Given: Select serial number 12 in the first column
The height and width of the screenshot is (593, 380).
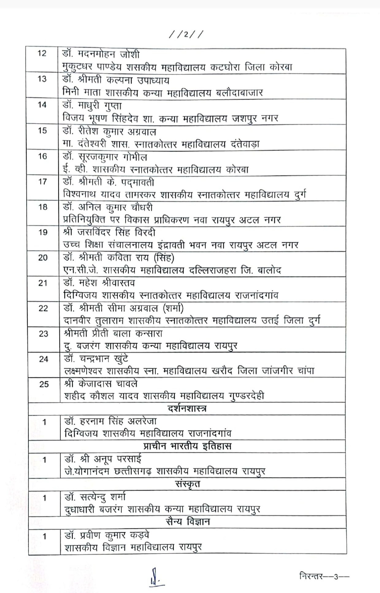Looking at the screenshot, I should point(42,54).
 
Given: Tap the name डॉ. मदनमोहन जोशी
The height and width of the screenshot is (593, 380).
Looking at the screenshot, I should point(101,55).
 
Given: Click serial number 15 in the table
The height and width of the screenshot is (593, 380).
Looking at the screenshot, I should point(42,131).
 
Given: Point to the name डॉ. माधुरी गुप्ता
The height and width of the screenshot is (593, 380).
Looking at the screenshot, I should point(92,106).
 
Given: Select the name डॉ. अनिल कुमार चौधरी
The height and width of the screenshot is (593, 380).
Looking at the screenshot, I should point(108,208).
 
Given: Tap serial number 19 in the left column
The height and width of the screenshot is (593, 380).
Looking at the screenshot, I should point(43,232).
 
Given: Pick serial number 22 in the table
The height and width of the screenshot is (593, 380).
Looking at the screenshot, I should point(43,308).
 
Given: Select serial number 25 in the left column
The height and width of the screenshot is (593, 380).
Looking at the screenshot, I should point(44,384).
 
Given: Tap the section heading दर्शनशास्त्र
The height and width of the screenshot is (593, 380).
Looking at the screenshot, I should point(187,409).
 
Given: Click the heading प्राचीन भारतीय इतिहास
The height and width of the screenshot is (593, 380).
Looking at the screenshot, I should point(187,446).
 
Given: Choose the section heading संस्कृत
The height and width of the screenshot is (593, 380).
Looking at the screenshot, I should point(187,484).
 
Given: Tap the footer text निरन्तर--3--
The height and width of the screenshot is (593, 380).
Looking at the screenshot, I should point(324,577).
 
